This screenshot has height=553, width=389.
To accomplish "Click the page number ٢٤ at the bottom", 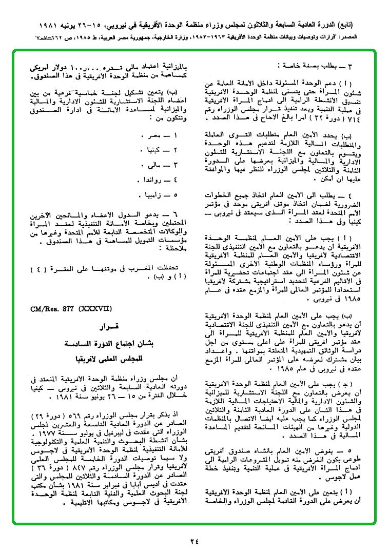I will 193,540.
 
